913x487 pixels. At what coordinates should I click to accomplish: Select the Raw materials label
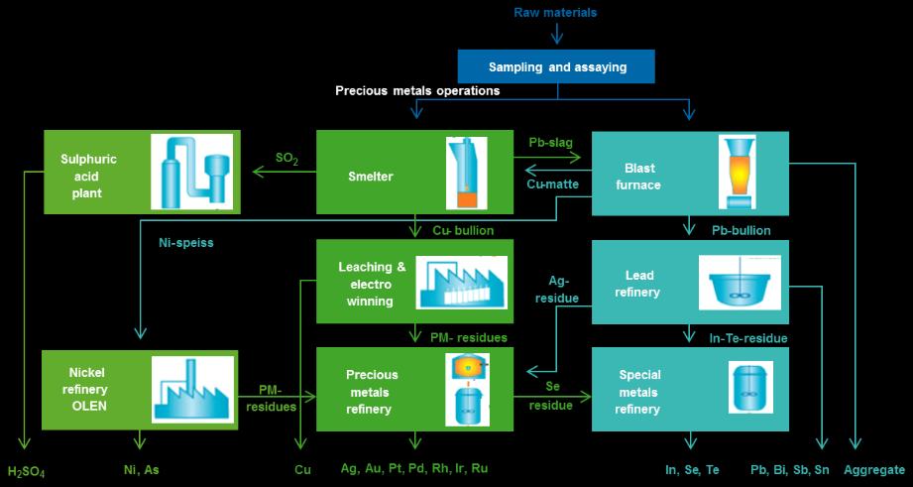555,13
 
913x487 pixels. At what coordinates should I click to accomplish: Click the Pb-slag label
551,143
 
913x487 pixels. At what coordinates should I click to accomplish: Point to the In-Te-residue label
748,338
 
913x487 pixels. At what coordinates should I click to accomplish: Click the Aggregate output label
874,469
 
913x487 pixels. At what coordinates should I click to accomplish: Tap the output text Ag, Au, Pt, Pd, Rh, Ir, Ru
414,468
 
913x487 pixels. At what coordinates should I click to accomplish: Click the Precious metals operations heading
416,90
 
